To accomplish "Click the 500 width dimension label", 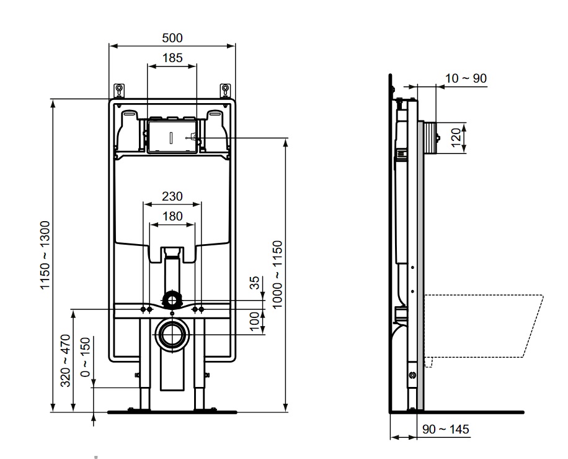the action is (172, 38).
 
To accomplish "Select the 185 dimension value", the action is (172, 58).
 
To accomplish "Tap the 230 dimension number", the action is (172, 196).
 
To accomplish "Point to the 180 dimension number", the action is (172, 216).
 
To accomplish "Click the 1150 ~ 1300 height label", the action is (45, 255).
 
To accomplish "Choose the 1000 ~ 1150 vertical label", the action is (277, 275).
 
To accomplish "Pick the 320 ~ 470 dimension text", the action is (65, 361).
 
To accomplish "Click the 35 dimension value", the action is (255, 283).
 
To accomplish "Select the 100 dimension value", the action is (255, 322).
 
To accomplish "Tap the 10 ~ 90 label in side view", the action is (466, 78).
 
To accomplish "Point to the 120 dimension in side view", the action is (456, 137).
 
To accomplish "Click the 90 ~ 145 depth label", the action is (446, 429).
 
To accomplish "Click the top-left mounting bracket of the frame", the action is (119, 91).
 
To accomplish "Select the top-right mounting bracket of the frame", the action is (225, 91).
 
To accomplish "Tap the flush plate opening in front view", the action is (172, 137).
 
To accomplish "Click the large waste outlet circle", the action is (172, 334).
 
